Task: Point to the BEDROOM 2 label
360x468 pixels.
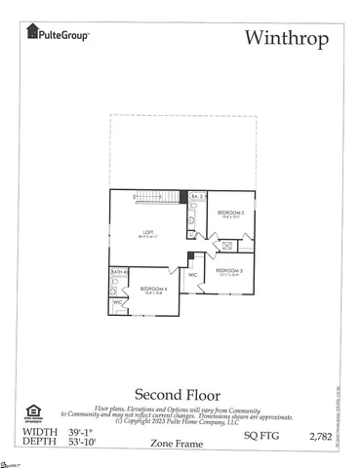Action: tap(230, 213)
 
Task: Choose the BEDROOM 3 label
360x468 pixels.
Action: tap(228, 270)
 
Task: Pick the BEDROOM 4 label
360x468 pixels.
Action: tap(153, 289)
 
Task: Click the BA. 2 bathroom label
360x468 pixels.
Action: tap(196, 197)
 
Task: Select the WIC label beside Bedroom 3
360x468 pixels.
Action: tap(193, 275)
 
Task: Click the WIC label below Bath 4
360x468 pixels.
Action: tap(117, 303)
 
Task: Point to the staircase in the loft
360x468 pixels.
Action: tap(157, 197)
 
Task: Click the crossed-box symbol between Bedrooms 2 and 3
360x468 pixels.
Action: tap(226, 245)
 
